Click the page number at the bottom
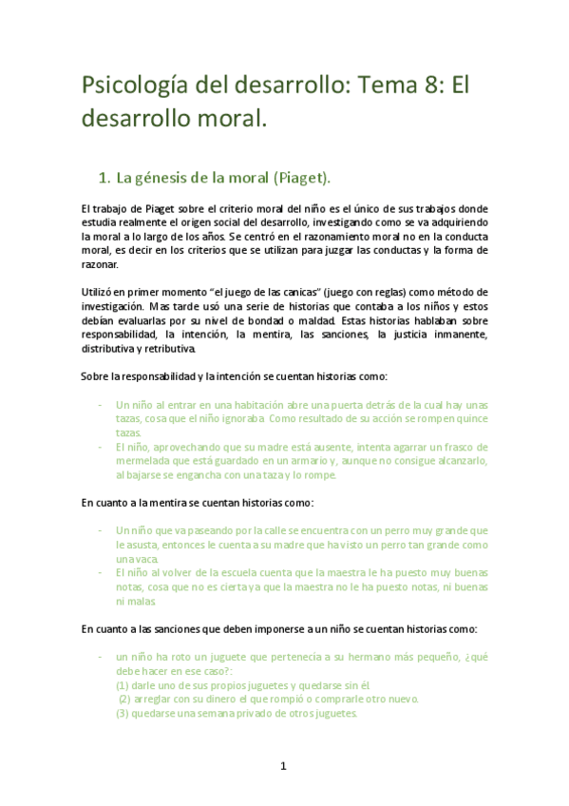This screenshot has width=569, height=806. tap(283, 766)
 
